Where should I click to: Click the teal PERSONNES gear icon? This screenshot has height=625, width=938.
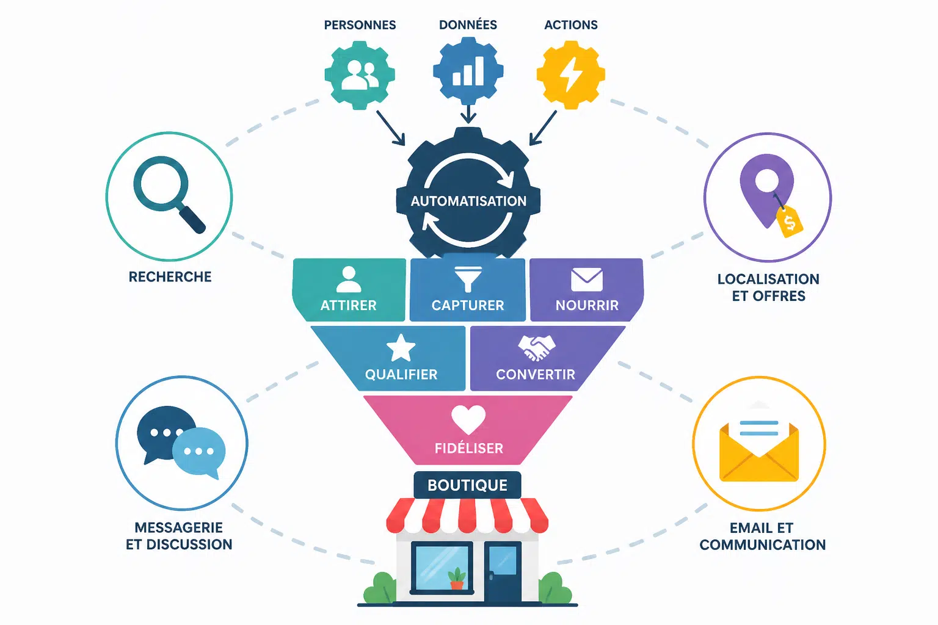coord(360,75)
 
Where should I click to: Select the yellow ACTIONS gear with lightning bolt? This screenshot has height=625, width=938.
coord(571,75)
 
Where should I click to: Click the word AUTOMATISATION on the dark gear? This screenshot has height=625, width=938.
coord(468,201)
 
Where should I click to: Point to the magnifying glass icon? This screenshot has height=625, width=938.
coord(167,192)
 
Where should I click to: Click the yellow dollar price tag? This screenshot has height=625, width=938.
coord(790,222)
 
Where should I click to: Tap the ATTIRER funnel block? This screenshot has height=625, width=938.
coord(349,290)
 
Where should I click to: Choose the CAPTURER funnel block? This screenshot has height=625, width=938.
coord(468,290)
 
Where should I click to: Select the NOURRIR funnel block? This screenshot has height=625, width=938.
coord(587,290)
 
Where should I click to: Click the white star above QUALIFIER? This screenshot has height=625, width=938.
coord(401,348)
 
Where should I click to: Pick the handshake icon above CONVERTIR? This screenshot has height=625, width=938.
coord(536,347)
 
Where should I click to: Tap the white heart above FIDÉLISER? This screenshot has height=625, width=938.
coord(468,419)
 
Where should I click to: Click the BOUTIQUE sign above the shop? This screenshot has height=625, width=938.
coord(467,485)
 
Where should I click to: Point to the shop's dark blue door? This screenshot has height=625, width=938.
coord(503,572)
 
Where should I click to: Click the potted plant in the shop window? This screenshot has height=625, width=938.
coord(456,579)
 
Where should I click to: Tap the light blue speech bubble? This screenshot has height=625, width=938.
coord(199,452)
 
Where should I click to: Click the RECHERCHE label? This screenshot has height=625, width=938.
coord(170,276)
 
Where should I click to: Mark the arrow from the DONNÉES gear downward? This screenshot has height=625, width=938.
coord(468,114)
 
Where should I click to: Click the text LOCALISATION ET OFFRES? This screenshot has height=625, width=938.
coord(768,287)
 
